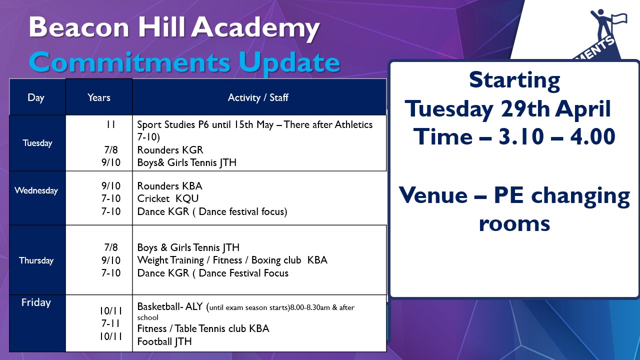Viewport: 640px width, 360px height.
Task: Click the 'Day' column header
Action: (x=36, y=98)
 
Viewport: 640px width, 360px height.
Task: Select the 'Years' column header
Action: (x=99, y=97)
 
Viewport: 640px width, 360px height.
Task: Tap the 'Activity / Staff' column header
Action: (x=258, y=97)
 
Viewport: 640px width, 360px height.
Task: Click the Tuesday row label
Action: (x=37, y=143)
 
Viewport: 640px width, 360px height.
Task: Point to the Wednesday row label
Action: (x=36, y=190)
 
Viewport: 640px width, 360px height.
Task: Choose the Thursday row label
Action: (x=36, y=260)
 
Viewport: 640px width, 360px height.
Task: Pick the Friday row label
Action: (x=36, y=302)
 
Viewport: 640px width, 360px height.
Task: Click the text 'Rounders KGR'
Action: (x=170, y=150)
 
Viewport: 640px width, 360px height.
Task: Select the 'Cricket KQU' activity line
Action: (x=168, y=198)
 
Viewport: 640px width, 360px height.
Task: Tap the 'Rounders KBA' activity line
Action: (x=169, y=186)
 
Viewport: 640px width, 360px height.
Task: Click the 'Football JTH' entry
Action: (x=164, y=341)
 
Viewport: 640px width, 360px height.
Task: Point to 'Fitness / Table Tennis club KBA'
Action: (x=203, y=329)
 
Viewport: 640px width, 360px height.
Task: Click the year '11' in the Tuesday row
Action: (x=111, y=124)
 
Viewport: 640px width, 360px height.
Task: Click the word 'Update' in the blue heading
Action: (x=289, y=63)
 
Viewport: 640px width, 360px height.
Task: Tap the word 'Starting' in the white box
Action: (x=514, y=81)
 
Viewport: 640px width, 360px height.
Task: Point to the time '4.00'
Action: (x=593, y=136)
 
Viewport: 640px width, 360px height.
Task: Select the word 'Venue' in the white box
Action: (x=433, y=195)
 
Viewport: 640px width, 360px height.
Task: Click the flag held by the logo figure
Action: (x=619, y=19)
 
